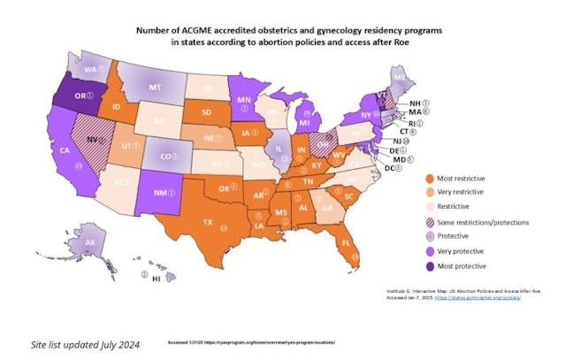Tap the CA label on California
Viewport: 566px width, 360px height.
coord(65,151)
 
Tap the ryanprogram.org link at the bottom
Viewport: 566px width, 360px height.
coord(251,341)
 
